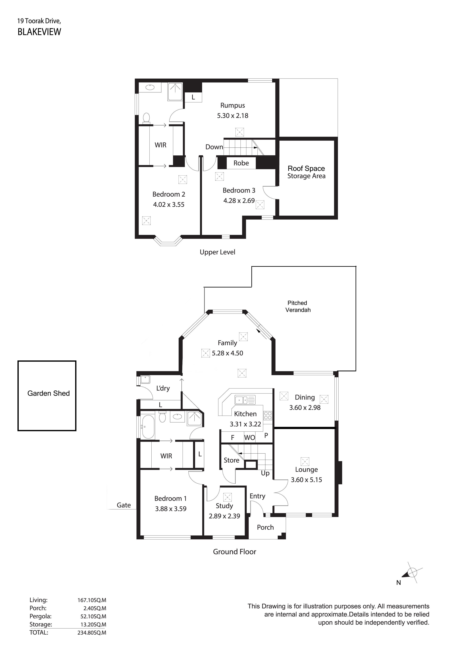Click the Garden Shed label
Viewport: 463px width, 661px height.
pos(48,393)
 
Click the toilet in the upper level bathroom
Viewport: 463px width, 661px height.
pos(146,118)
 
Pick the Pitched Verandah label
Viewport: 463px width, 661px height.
pos(298,306)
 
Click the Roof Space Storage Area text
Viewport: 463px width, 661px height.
pos(306,172)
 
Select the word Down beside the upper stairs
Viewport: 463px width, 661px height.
pos(214,147)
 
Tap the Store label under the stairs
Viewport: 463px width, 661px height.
pos(231,460)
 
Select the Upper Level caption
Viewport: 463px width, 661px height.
pos(217,252)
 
